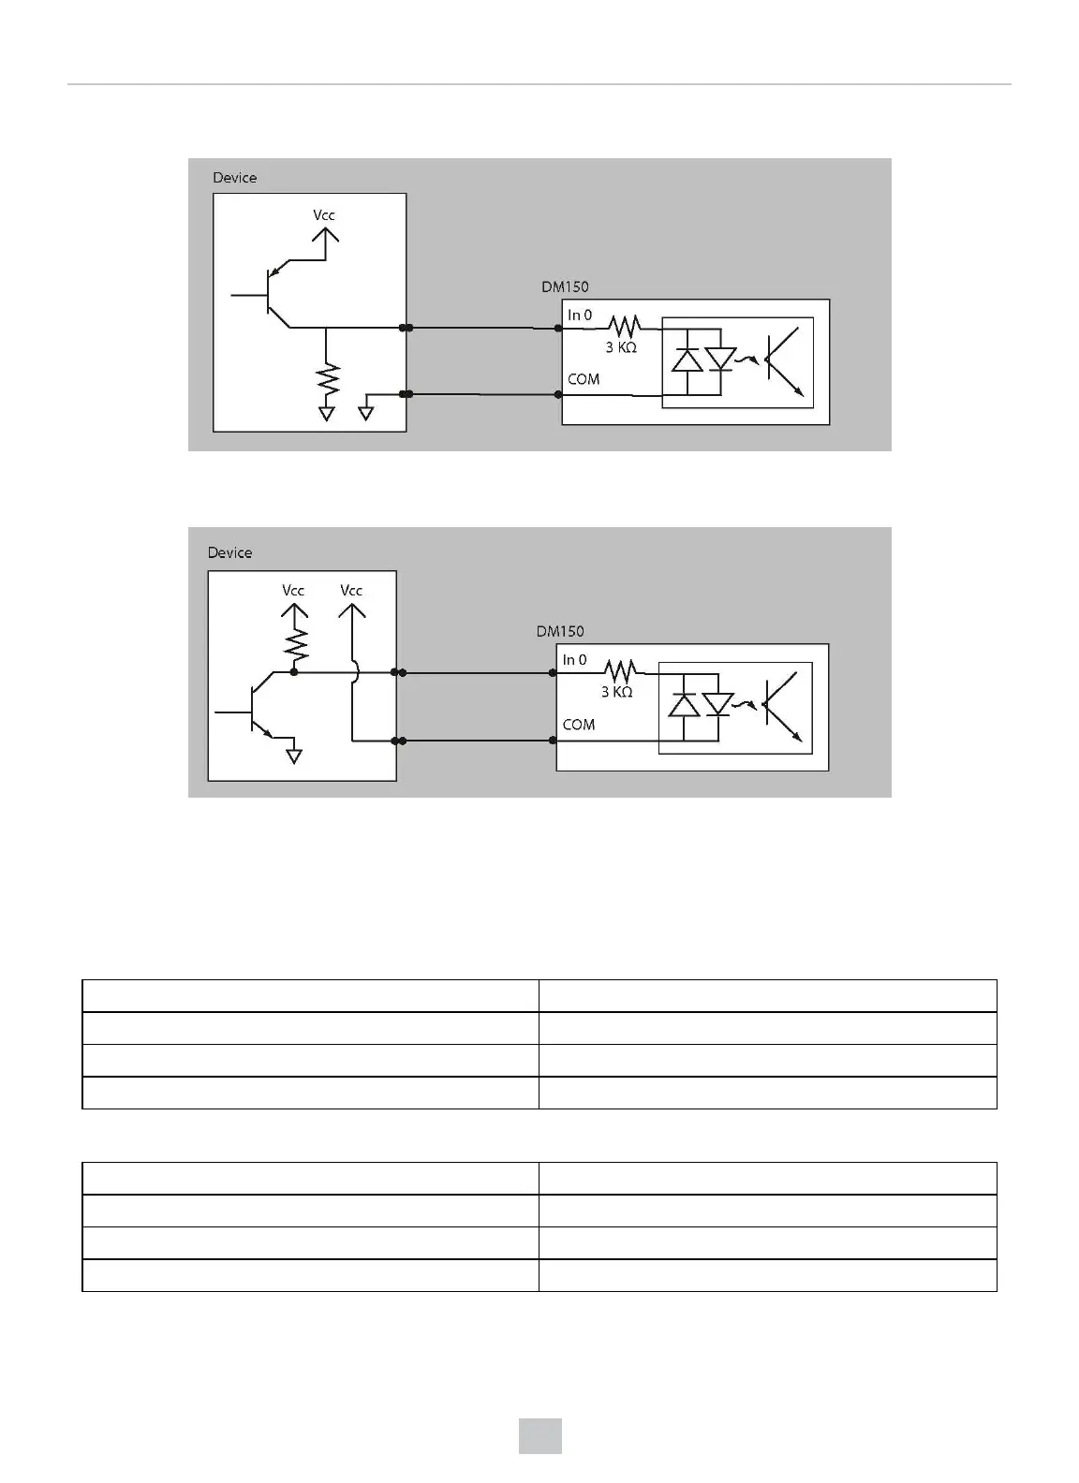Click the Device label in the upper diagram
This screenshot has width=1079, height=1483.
tap(234, 178)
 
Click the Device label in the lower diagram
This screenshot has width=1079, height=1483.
tap(229, 553)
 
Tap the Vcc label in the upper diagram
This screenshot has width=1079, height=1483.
tap(324, 215)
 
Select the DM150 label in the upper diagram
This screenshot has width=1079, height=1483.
tap(565, 287)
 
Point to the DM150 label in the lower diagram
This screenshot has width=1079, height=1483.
tap(560, 632)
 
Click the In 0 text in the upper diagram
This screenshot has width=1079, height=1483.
tap(580, 316)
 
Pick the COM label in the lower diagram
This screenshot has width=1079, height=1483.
tap(579, 725)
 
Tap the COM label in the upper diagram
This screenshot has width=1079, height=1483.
tap(584, 379)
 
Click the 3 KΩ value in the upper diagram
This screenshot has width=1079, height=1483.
tap(621, 347)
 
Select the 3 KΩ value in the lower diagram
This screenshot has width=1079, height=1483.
tap(616, 692)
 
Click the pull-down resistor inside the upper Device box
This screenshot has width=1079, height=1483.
tap(327, 379)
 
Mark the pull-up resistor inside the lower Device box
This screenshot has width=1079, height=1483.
tap(295, 643)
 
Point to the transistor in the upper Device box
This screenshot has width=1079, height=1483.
tap(273, 295)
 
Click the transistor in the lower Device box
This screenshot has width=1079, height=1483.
tap(258, 712)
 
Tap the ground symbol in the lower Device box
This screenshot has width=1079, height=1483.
tap(294, 755)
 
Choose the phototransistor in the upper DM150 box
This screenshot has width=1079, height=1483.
tap(782, 361)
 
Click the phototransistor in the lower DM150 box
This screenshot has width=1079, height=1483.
tap(781, 707)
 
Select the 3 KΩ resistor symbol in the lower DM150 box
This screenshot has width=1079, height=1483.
tap(619, 671)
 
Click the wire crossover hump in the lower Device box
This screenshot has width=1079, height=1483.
tap(353, 671)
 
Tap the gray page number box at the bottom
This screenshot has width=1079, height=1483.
tap(540, 1436)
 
